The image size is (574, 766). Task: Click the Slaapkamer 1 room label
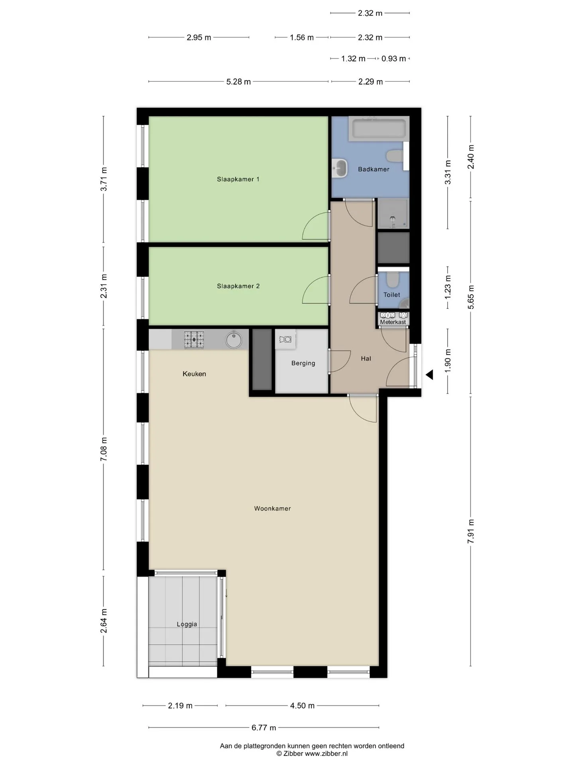238,179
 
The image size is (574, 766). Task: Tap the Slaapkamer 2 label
238,286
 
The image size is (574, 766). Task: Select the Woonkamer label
273,508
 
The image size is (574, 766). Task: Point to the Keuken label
194,374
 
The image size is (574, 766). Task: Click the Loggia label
187,624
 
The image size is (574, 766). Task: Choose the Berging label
303,363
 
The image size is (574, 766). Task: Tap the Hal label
366,359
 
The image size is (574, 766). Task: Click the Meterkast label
393,322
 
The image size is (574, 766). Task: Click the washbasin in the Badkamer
340,168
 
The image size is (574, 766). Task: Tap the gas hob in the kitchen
194,340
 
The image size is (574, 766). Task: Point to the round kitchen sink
234,340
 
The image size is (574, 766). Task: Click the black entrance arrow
429,375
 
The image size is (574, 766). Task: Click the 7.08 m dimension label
104,449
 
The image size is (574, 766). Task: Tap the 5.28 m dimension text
238,82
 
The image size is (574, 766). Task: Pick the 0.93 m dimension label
393,59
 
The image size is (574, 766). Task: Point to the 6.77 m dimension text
263,728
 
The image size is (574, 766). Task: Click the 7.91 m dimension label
471,531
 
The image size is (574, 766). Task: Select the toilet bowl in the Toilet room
393,280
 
